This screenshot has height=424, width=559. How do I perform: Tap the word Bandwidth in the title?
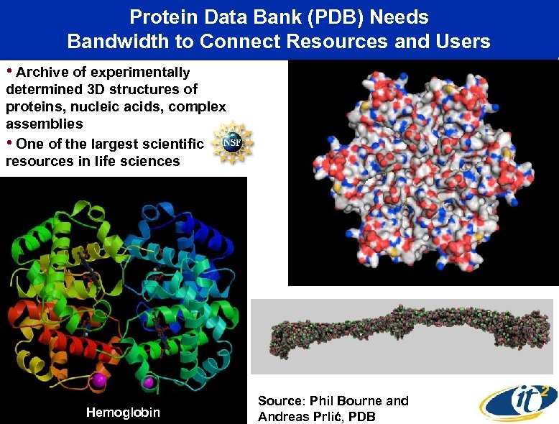(130, 42)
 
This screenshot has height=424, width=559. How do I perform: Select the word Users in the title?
(464, 42)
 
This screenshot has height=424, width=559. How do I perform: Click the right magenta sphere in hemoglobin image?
(149, 382)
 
